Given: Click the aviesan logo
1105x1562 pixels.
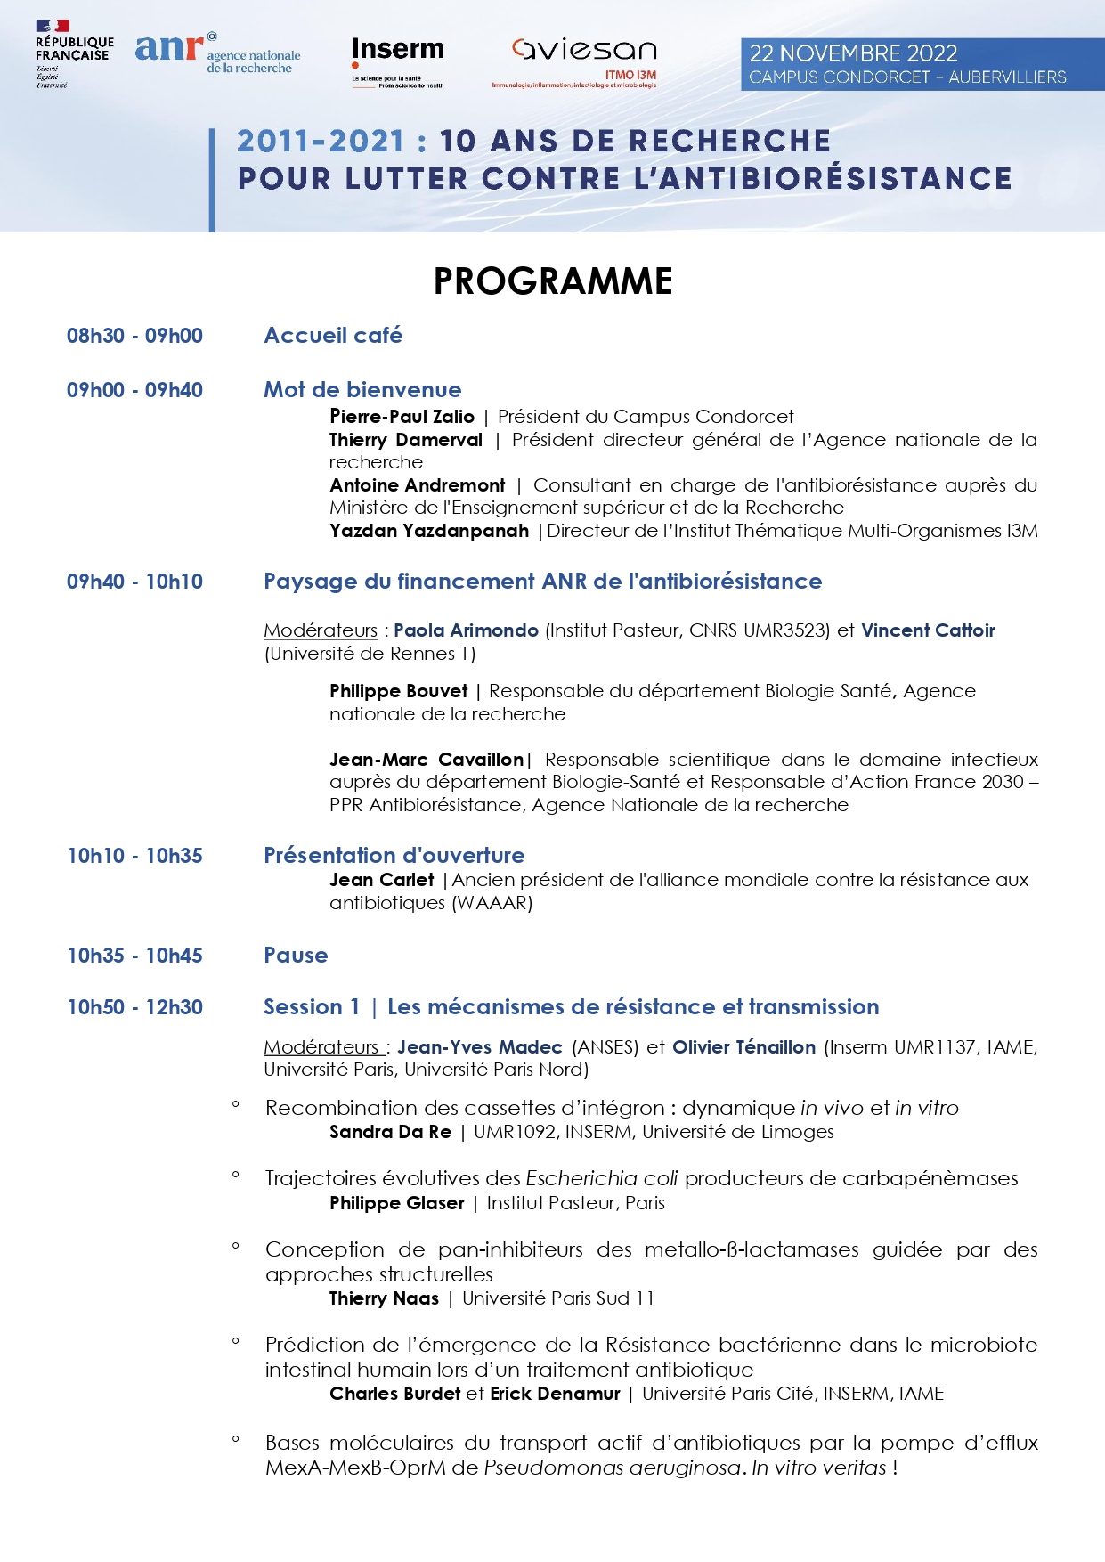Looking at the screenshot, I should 583,59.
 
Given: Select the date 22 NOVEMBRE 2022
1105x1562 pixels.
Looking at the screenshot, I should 852,53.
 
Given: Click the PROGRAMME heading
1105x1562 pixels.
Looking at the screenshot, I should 552,281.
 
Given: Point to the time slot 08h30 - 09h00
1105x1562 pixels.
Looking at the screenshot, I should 134,336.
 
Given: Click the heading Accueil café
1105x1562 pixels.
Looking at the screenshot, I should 333,336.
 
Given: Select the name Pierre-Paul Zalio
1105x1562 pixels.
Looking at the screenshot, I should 402,417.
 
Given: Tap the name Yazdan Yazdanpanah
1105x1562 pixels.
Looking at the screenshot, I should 428,531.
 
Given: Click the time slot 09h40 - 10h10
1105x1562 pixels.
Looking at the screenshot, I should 134,582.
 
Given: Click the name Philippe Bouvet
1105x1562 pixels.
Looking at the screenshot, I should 398,691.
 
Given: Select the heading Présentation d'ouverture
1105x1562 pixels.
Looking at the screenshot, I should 394,856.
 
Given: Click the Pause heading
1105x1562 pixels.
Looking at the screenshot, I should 296,956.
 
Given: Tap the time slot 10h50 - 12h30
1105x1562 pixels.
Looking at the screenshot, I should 134,1007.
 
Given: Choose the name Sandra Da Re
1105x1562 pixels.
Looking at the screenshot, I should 390,1132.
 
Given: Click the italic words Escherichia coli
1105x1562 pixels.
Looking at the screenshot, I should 602,1178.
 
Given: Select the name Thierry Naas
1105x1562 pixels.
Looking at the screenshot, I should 384,1298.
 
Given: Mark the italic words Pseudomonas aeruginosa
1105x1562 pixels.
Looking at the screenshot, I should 612,1468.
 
